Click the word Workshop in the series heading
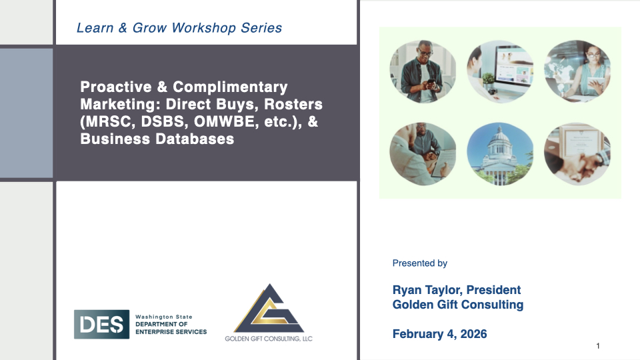coord(204,28)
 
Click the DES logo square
coord(101,324)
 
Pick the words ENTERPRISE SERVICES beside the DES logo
coord(171,332)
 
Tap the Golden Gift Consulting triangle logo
coord(269,309)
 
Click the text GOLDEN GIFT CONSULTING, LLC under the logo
coord(269,339)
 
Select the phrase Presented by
coord(419,263)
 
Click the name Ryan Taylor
coord(427,290)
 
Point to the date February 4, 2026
coord(439,334)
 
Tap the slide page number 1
coord(598,346)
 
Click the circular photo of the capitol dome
coord(500,154)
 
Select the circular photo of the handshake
coord(577,154)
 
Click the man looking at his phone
coord(423,71)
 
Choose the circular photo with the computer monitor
coord(500,71)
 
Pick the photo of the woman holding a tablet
coord(577,71)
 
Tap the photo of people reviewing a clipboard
coord(423,154)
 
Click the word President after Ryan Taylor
coord(493,290)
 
